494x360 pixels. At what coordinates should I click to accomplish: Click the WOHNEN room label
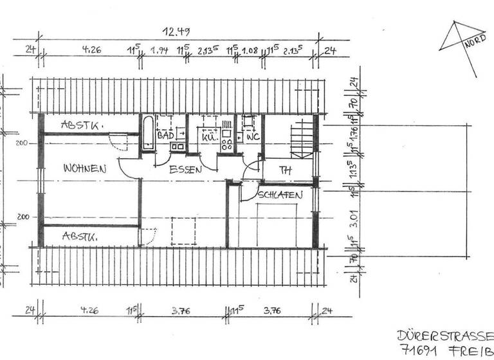pyautogui.click(x=84, y=169)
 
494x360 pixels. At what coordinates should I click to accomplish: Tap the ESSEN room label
pyautogui.click(x=186, y=170)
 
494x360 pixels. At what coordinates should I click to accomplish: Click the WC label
pyautogui.click(x=251, y=137)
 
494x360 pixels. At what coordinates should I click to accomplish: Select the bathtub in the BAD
pyautogui.click(x=148, y=136)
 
